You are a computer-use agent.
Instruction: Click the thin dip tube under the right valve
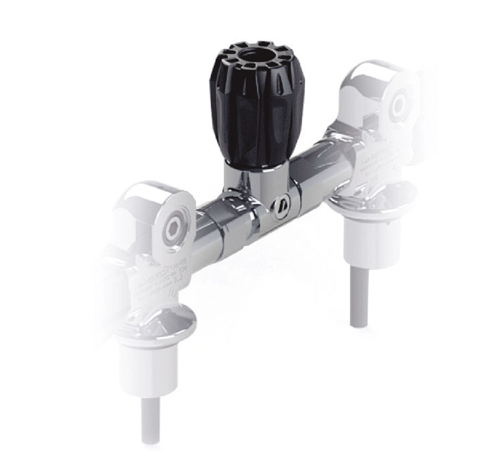tap(359, 295)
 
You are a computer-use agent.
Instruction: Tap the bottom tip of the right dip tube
tap(359, 324)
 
